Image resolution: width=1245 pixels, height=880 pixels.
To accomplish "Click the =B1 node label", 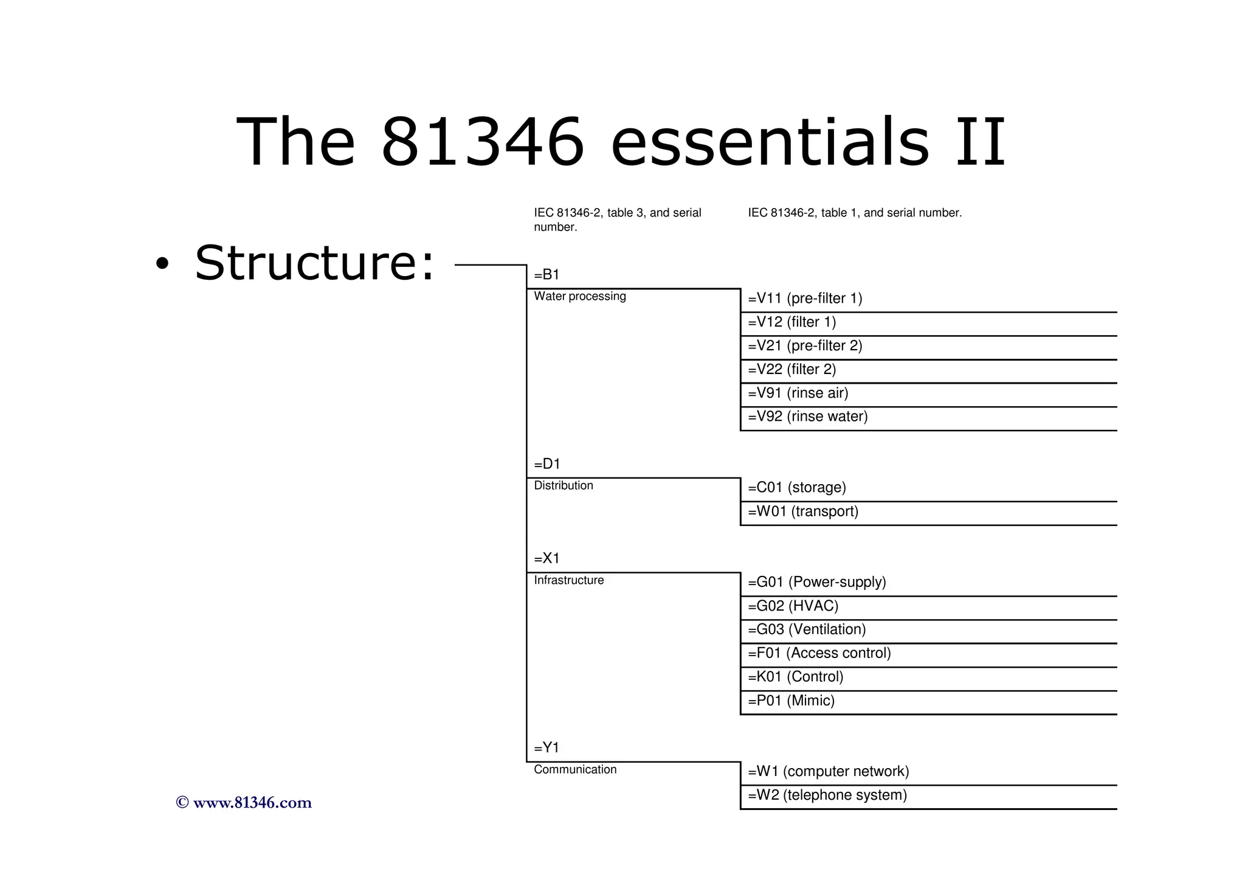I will (547, 275).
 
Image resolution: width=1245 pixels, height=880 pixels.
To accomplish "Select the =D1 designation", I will (547, 464).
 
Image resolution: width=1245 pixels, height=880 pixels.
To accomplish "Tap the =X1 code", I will (547, 558).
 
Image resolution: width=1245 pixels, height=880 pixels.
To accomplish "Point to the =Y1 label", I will (547, 747).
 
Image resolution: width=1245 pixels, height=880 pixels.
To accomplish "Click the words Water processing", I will (579, 296).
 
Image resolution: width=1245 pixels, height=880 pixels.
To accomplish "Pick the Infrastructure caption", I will (568, 580).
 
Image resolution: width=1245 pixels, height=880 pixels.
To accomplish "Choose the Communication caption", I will (574, 769).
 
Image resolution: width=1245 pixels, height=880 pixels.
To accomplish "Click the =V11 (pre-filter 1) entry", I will (805, 299).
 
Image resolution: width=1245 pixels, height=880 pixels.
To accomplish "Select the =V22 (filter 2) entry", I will (791, 370).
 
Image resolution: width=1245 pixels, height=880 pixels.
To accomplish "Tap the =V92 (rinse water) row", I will (807, 417).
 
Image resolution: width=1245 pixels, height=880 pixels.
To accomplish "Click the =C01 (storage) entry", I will (796, 488).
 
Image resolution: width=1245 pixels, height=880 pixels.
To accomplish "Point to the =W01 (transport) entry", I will (802, 511).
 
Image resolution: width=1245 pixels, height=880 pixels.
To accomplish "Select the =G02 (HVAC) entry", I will (793, 606).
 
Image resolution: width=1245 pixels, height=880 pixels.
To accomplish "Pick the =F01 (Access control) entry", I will (819, 653).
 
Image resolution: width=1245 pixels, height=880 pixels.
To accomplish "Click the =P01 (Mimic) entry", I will (791, 701).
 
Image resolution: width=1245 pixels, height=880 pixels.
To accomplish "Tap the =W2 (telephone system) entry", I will (827, 795).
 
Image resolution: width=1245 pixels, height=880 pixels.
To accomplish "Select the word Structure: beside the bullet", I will (314, 263).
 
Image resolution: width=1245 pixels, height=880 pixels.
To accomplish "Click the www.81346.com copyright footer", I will (244, 803).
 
